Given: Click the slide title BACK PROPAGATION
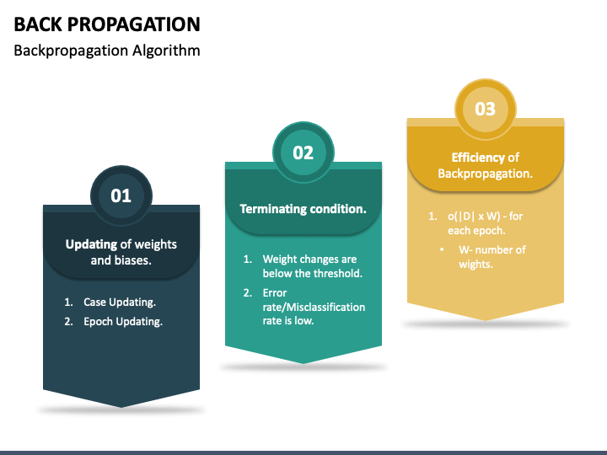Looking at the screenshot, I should click(x=107, y=24).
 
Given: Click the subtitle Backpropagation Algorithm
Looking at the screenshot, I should click(x=107, y=51).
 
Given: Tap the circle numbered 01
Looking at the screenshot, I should click(x=121, y=195).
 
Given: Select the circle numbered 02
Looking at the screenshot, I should click(x=303, y=153).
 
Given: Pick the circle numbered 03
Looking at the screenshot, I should click(x=485, y=109).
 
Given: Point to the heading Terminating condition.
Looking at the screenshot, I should click(x=303, y=208).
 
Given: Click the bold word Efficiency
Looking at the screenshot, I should click(x=477, y=158).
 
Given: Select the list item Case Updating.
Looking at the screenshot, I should click(x=120, y=302).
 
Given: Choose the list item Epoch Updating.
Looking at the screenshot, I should click(x=123, y=321).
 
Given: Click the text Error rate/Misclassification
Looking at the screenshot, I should click(x=314, y=300).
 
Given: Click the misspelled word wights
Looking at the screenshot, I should click(x=475, y=265).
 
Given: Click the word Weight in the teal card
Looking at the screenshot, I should click(x=280, y=260).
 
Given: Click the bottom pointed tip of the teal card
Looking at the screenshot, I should click(x=303, y=362).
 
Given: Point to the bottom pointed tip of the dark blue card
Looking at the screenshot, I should click(x=121, y=407).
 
